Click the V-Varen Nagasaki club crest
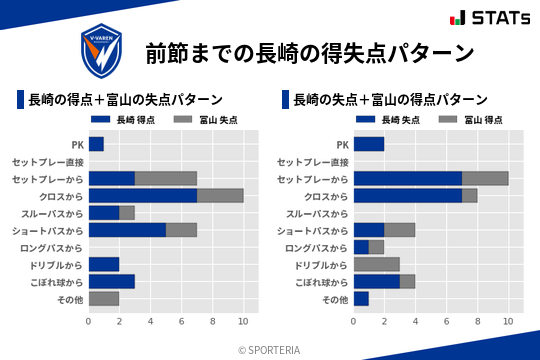pyautogui.click(x=102, y=49)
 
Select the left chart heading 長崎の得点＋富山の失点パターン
pyautogui.click(x=125, y=99)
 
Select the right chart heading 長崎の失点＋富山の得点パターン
pyautogui.click(x=391, y=99)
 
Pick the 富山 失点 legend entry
pyautogui.click(x=207, y=119)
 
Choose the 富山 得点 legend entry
pyautogui.click(x=472, y=119)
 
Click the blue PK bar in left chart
pyautogui.click(x=96, y=144)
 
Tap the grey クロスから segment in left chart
pyautogui.click(x=220, y=195)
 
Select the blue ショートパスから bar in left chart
pyautogui.click(x=127, y=229)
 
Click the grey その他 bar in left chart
pyautogui.click(x=104, y=298)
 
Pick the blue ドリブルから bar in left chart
pyautogui.click(x=104, y=264)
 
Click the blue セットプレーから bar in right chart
pyautogui.click(x=408, y=178)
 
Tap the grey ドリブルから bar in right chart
pyautogui.click(x=377, y=264)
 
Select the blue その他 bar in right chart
pyautogui.click(x=362, y=298)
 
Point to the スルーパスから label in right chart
pyautogui.click(x=317, y=213)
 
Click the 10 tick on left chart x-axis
pyautogui.click(x=243, y=321)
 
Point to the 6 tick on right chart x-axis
pyautogui.click(x=447, y=321)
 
